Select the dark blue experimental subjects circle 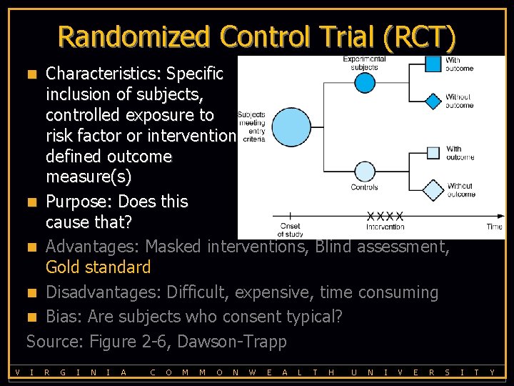[x=365, y=82]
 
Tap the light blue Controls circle [x=365, y=172]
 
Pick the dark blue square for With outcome [x=433, y=64]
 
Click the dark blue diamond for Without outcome [x=433, y=101]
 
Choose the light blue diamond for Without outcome [x=433, y=191]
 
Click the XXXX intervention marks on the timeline [x=385, y=216]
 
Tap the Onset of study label [x=290, y=230]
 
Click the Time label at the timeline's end [x=494, y=227]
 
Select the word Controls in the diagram [x=364, y=188]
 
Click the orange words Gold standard [x=98, y=268]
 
